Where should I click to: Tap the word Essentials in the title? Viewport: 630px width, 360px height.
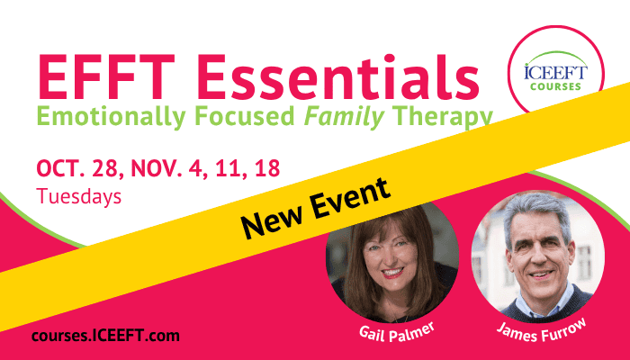(x=338, y=76)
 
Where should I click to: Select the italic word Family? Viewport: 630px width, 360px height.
(x=345, y=117)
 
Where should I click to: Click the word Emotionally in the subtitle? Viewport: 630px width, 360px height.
(x=112, y=117)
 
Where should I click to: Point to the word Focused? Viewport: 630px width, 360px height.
(x=245, y=116)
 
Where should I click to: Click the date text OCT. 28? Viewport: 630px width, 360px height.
(x=80, y=168)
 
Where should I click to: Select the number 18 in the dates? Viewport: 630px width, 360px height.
(x=267, y=168)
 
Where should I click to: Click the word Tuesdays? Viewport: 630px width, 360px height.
(x=79, y=196)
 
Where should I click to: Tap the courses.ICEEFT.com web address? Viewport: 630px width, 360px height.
(x=105, y=336)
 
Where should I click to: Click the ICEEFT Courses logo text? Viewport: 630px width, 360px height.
(x=555, y=77)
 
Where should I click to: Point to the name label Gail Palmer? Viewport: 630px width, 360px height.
(x=397, y=332)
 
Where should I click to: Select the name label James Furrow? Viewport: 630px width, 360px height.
(x=542, y=330)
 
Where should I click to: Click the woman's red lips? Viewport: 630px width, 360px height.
(x=392, y=274)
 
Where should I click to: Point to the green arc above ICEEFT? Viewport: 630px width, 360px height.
(x=555, y=56)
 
